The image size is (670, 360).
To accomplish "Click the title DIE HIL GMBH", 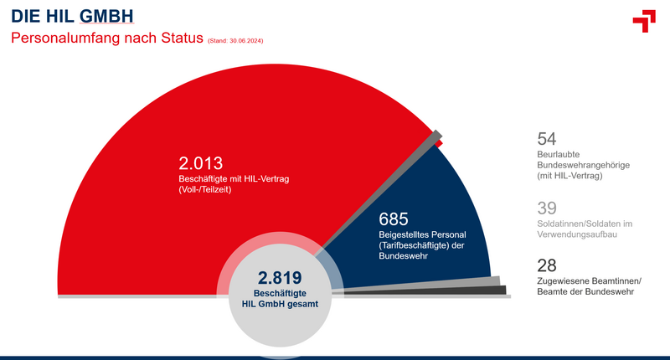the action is [x=72, y=16].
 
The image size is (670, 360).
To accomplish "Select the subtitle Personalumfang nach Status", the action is [x=107, y=38].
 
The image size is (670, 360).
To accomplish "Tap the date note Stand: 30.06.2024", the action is [x=235, y=41].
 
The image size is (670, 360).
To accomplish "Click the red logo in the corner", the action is [x=644, y=20].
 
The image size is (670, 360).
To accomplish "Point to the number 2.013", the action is [x=201, y=163].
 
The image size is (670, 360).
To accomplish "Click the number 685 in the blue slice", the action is [x=394, y=219].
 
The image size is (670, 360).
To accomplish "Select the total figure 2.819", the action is [x=280, y=278].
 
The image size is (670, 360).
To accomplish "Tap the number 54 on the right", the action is [x=547, y=139].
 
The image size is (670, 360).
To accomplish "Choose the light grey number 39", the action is [x=547, y=208].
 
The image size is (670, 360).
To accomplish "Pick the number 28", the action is [x=547, y=265].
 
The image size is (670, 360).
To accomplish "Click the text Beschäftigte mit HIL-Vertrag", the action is [x=234, y=179].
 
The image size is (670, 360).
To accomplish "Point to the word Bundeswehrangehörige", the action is [x=583, y=165].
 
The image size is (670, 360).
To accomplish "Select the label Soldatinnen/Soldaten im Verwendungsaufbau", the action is [x=585, y=229].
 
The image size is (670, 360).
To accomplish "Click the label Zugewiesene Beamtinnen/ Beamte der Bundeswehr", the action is [x=590, y=286].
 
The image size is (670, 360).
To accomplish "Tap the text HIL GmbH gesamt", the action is [x=280, y=304].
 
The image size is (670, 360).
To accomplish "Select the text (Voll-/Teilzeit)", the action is [x=205, y=189].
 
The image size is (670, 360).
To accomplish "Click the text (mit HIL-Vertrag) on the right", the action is [x=569, y=176].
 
